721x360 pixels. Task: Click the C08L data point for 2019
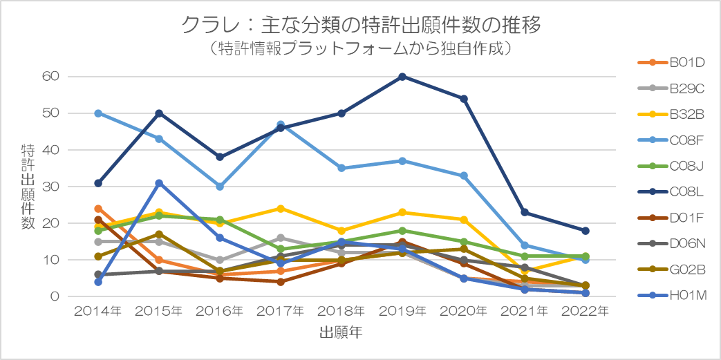pos(402,77)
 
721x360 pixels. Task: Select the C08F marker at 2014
pos(98,113)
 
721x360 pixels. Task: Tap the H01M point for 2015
pos(159,183)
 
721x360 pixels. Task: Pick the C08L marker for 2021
pos(524,212)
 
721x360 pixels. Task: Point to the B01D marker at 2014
pos(98,209)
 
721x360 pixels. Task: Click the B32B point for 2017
pos(281,209)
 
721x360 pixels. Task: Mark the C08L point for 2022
pos(585,231)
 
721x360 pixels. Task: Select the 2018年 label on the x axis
pos(341,312)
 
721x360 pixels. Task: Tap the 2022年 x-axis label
pos(585,312)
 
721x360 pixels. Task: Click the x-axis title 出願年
pos(341,332)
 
